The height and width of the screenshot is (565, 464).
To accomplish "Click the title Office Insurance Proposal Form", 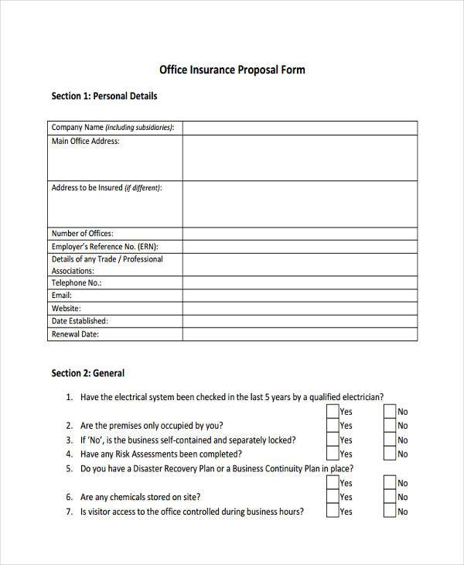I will [232, 70].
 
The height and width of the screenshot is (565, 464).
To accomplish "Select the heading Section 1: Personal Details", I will [104, 97].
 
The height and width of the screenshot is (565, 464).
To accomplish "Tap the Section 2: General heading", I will [87, 373].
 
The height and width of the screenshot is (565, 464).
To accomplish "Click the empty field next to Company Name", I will [299, 128].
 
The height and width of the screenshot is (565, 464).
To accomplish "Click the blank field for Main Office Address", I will [299, 158].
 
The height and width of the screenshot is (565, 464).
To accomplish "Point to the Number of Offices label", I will [82, 234].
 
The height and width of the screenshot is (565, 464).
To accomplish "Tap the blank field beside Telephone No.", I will [299, 283].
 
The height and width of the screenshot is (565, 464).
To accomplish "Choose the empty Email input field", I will [299, 296].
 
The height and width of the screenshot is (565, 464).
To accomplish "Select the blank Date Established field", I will [299, 320].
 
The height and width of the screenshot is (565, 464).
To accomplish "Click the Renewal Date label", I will [75, 334].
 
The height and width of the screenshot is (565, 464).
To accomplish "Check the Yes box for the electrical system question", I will [332, 412].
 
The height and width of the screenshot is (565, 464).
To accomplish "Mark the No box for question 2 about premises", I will [390, 426].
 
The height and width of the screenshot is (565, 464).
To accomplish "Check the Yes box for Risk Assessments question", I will [332, 454].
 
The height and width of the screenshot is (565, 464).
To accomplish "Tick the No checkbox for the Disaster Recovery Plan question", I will [390, 483].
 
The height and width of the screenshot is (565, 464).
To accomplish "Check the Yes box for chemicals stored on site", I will [332, 497].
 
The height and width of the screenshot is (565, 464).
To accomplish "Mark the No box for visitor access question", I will [390, 512].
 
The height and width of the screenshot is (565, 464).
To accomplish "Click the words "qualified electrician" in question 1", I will [345, 397].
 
